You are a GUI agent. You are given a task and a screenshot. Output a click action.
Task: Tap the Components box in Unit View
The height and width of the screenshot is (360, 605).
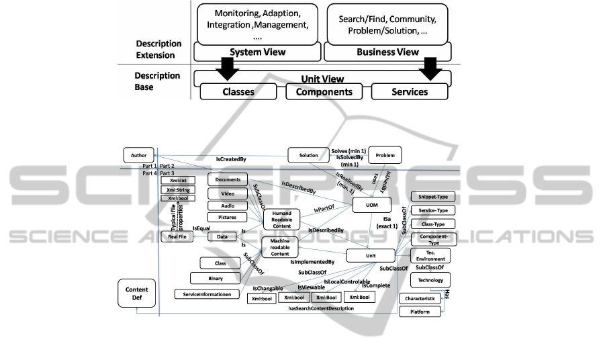coord(325,91)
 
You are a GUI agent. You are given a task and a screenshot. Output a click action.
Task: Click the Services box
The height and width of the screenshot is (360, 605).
coord(409,91)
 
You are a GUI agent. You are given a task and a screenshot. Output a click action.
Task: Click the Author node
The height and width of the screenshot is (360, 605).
coord(139,154)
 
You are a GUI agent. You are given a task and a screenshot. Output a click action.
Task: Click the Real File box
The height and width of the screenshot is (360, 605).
coord(177,236)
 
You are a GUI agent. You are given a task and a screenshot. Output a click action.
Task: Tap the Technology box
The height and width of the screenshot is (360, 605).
coord(430,280)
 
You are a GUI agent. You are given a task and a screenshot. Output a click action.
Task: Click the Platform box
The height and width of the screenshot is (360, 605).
coord(421,312)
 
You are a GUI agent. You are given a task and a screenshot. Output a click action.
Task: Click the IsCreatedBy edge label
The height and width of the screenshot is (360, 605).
coord(231,161)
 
